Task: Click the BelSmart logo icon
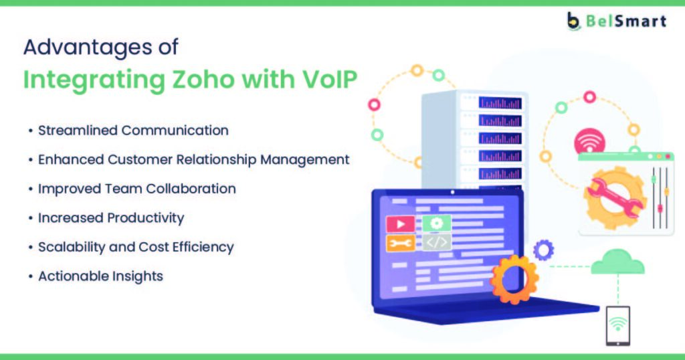pos(573,21)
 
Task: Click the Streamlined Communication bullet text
pos(133,130)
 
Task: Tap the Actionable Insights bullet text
pos(100,276)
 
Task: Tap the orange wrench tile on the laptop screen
pos(400,244)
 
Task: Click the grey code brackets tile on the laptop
pos(436,242)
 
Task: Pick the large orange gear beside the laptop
pos(514,280)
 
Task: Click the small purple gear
pos(543,250)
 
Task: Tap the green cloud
pos(617,262)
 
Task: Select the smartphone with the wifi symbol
pos(617,326)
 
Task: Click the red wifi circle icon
pos(590,140)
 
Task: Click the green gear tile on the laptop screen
pos(436,223)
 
